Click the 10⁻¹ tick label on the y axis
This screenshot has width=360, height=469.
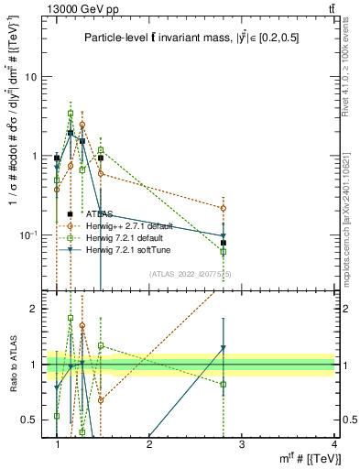pyautogui.click(x=30, y=235)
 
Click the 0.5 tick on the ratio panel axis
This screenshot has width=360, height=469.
pyautogui.click(x=31, y=420)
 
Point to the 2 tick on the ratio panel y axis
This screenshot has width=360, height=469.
pyautogui.click(x=35, y=309)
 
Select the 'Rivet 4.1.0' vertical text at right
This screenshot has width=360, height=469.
pyautogui.click(x=351, y=92)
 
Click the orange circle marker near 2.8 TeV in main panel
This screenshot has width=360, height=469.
pyautogui.click(x=224, y=208)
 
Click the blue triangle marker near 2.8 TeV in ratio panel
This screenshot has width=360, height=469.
pyautogui.click(x=224, y=347)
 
